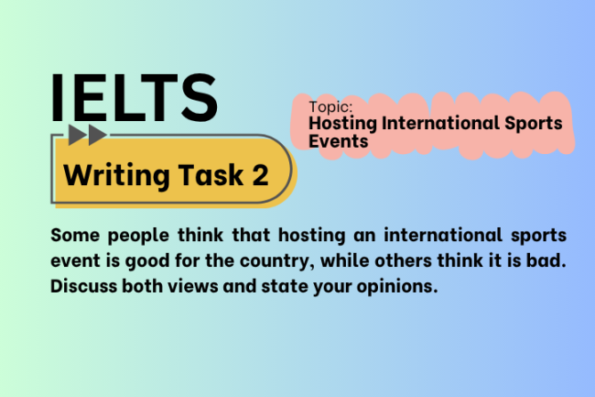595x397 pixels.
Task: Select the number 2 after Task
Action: pos(260,175)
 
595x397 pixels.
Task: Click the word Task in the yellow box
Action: pos(214,175)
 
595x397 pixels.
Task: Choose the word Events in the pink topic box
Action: pos(338,141)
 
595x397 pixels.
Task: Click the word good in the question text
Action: pos(150,261)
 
